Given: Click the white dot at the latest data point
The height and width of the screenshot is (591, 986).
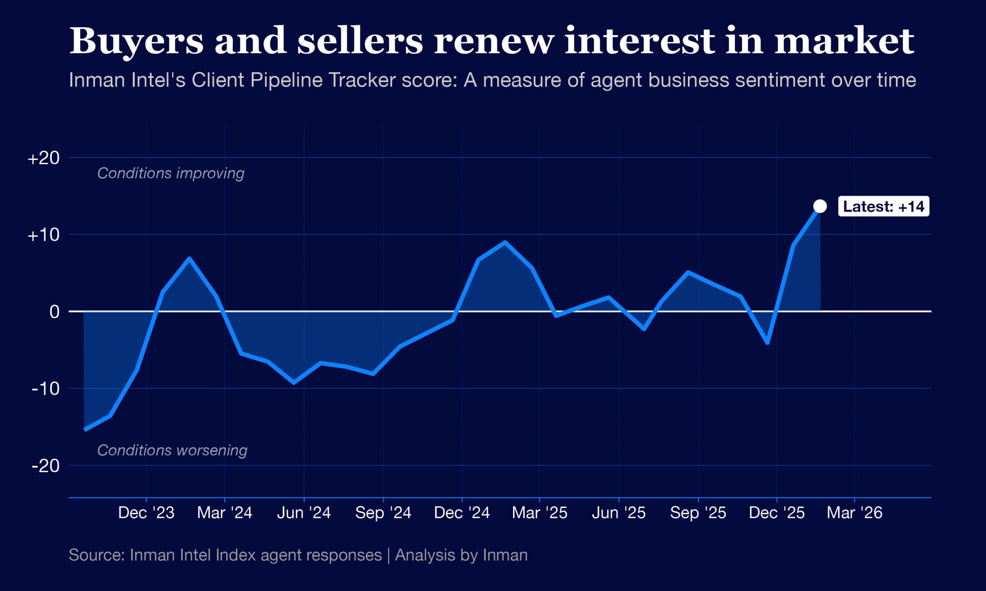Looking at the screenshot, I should (x=820, y=206).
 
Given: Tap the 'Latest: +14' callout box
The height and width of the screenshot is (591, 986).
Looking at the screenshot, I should (x=884, y=206).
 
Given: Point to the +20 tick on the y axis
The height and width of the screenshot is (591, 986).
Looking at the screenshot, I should (x=44, y=158).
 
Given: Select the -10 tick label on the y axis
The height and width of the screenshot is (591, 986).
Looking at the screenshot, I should (x=45, y=389).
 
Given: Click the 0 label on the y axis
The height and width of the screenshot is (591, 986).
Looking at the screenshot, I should (x=54, y=311).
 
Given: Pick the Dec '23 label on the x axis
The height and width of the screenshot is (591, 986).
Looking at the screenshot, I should (x=146, y=513).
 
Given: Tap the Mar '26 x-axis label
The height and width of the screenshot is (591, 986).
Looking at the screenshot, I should (x=855, y=513).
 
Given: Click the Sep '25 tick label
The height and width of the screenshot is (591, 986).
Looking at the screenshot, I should (x=698, y=513).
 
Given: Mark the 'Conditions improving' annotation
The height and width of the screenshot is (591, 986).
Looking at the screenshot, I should (x=171, y=173).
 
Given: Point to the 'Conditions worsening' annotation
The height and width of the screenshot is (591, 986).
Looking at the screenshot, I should (x=172, y=451).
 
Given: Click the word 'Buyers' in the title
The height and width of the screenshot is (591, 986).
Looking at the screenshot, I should (x=136, y=41).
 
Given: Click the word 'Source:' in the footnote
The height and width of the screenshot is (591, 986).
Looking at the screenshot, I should (x=97, y=555).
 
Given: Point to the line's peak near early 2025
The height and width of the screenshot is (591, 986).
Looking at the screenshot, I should (x=505, y=242).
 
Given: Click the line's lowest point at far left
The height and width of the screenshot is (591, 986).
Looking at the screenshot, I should (x=85, y=430).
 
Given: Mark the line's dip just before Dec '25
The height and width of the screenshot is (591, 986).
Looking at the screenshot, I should (x=768, y=342).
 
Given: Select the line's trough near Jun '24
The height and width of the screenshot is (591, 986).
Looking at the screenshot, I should (x=294, y=383).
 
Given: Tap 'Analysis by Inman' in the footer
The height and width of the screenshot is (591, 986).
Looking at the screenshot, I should (x=461, y=555).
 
